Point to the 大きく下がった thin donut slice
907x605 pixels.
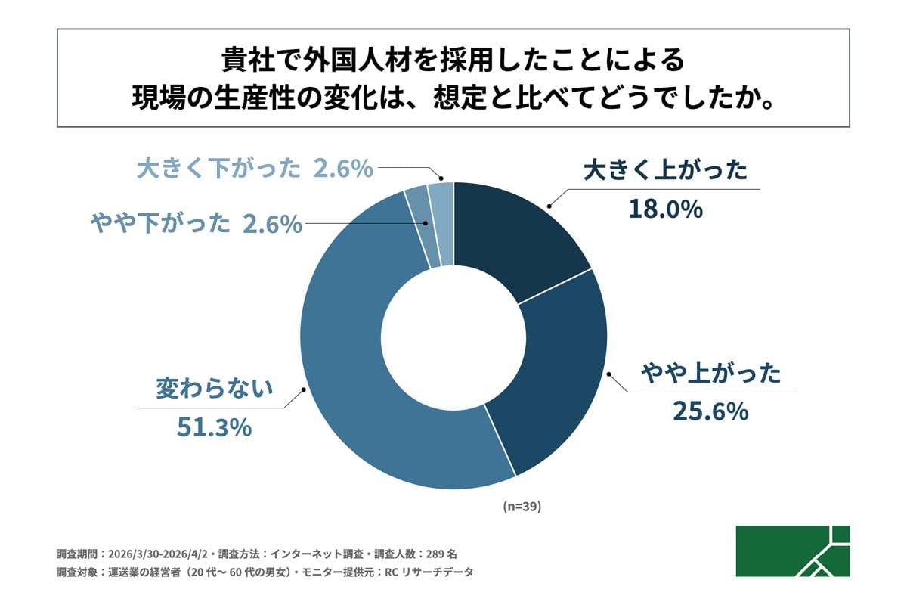pyautogui.click(x=441, y=223)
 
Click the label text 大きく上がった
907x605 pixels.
pyautogui.click(x=665, y=170)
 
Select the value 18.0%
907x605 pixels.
pyautogui.click(x=665, y=208)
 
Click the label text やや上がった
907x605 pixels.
pyautogui.click(x=710, y=374)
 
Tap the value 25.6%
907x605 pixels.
pyautogui.click(x=710, y=412)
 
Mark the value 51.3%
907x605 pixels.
pyautogui.click(x=214, y=428)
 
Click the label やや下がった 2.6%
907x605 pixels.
pyautogui.click(x=196, y=223)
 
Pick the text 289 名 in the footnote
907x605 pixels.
pyautogui.click(x=450, y=553)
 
